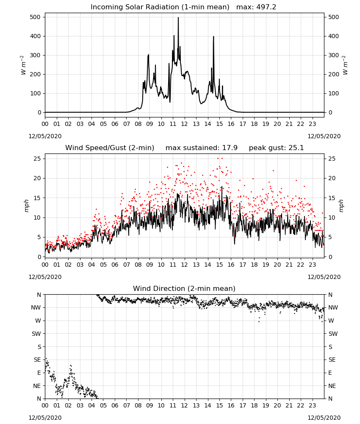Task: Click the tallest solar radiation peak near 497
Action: click(x=178, y=18)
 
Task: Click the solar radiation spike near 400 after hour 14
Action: click(x=213, y=37)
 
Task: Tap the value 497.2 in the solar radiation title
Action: click(x=266, y=7)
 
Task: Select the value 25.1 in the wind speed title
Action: click(x=296, y=148)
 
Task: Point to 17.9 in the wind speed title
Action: click(x=230, y=148)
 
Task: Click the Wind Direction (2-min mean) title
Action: click(x=184, y=288)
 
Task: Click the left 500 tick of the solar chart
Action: click(x=36, y=17)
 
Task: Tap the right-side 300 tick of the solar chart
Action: click(x=333, y=55)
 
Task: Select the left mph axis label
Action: click(x=26, y=206)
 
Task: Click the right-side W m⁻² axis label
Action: click(x=345, y=65)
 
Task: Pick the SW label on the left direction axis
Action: click(x=36, y=334)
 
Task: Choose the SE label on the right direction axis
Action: click(x=332, y=360)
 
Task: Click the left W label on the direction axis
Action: click(x=38, y=321)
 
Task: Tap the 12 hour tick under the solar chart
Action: click(x=184, y=124)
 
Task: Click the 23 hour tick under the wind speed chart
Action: click(x=312, y=265)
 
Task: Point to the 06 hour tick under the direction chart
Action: click(x=115, y=406)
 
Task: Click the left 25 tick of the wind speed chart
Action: click(x=37, y=159)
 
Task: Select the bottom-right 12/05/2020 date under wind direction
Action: click(x=324, y=418)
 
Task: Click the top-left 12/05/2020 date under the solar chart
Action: click(x=45, y=136)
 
